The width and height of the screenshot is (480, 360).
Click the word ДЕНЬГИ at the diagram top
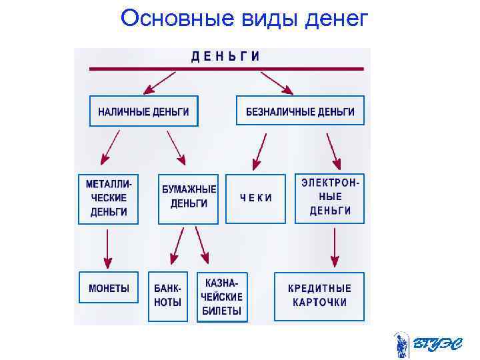(226, 57)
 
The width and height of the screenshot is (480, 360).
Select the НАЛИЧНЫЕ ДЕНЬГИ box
(143, 111)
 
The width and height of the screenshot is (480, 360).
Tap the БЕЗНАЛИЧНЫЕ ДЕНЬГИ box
(300, 111)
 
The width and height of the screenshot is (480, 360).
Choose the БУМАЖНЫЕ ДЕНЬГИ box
(188, 198)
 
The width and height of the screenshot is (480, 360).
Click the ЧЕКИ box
(256, 198)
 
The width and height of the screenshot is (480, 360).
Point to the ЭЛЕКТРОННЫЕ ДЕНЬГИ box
(330, 198)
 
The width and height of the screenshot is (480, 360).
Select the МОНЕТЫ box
(109, 290)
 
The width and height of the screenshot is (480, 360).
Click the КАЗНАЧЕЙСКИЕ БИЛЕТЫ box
(223, 297)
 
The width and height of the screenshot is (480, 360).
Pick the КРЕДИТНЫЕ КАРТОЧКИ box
(319, 296)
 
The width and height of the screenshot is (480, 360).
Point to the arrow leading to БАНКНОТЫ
(176, 248)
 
